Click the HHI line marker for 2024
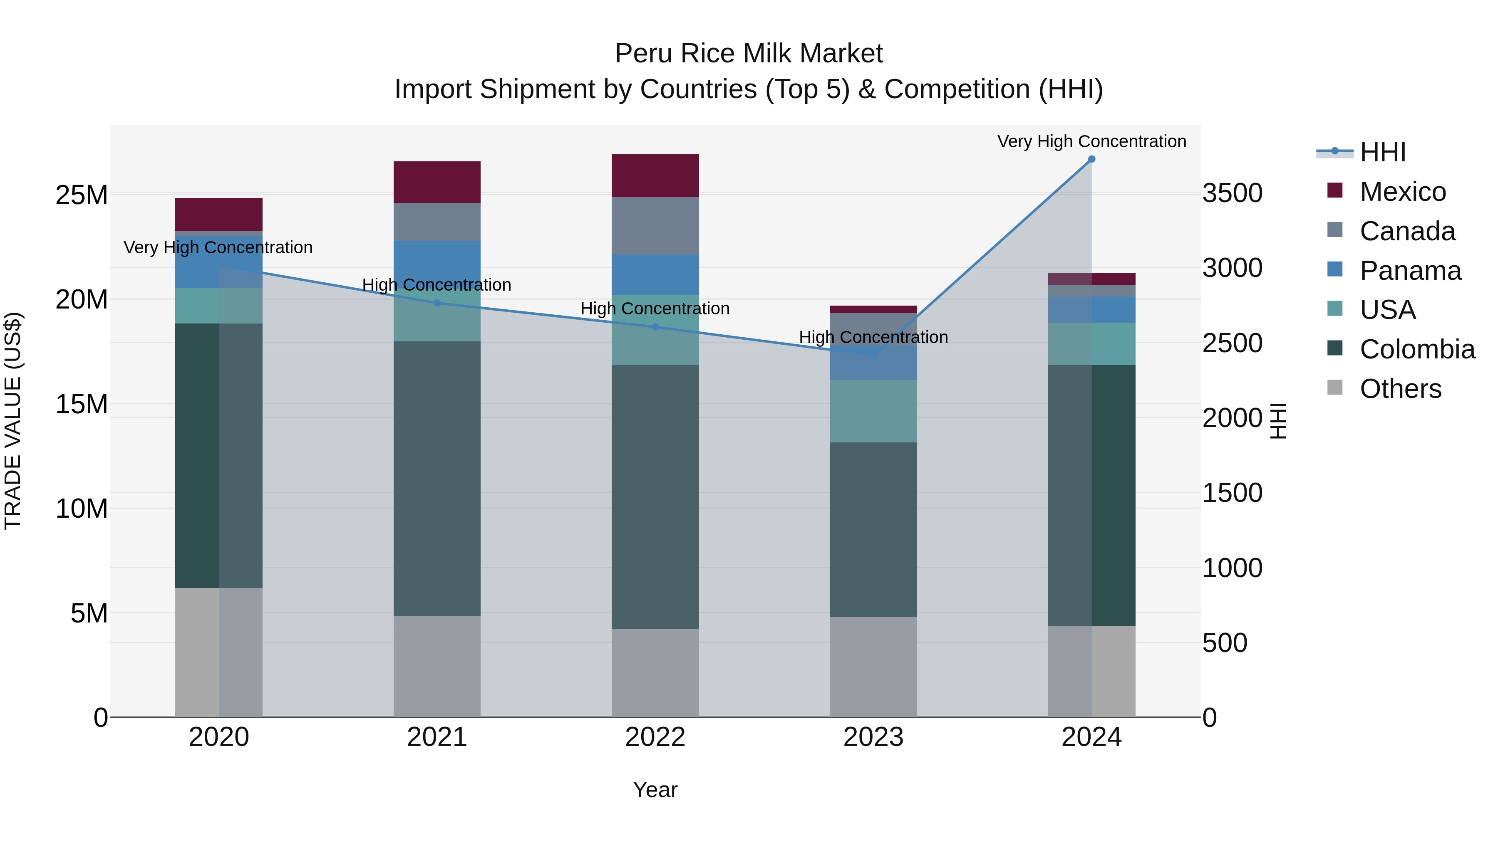point(1091,159)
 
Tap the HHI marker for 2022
point(655,327)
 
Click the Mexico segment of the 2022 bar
point(655,175)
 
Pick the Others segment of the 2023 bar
point(873,667)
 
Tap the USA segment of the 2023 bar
point(873,411)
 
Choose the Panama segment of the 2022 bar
point(655,274)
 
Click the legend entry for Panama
point(1410,271)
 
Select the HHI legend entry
point(1382,152)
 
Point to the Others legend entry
point(1400,389)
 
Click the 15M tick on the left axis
point(82,404)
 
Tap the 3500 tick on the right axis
point(1232,193)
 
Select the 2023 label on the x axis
point(873,737)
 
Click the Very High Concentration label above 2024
point(1091,141)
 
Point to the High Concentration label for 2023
point(873,337)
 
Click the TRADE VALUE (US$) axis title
point(13,421)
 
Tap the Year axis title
point(655,790)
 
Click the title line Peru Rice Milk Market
point(749,54)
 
